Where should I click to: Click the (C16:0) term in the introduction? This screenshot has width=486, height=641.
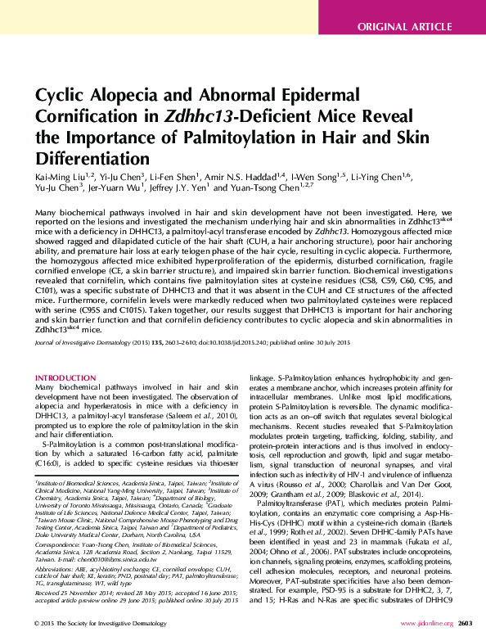[x=52, y=461]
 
